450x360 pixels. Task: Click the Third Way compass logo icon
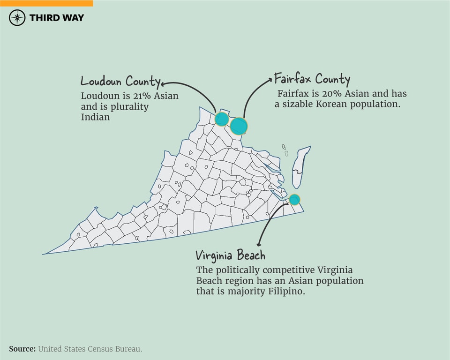click(x=17, y=18)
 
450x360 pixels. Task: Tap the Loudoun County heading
click(x=120, y=81)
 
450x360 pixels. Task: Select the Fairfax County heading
click(x=312, y=78)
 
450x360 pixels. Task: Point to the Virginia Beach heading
click(x=230, y=255)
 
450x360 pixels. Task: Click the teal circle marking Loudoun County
click(x=222, y=119)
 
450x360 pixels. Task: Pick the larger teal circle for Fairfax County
click(x=239, y=126)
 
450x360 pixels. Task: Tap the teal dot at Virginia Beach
click(x=294, y=200)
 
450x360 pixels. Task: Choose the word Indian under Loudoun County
click(x=95, y=117)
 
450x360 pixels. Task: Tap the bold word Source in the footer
click(x=22, y=349)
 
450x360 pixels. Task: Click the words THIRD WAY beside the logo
click(x=57, y=18)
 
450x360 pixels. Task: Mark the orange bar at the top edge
click(x=46, y=3)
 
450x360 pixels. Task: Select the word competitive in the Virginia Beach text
click(x=290, y=270)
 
